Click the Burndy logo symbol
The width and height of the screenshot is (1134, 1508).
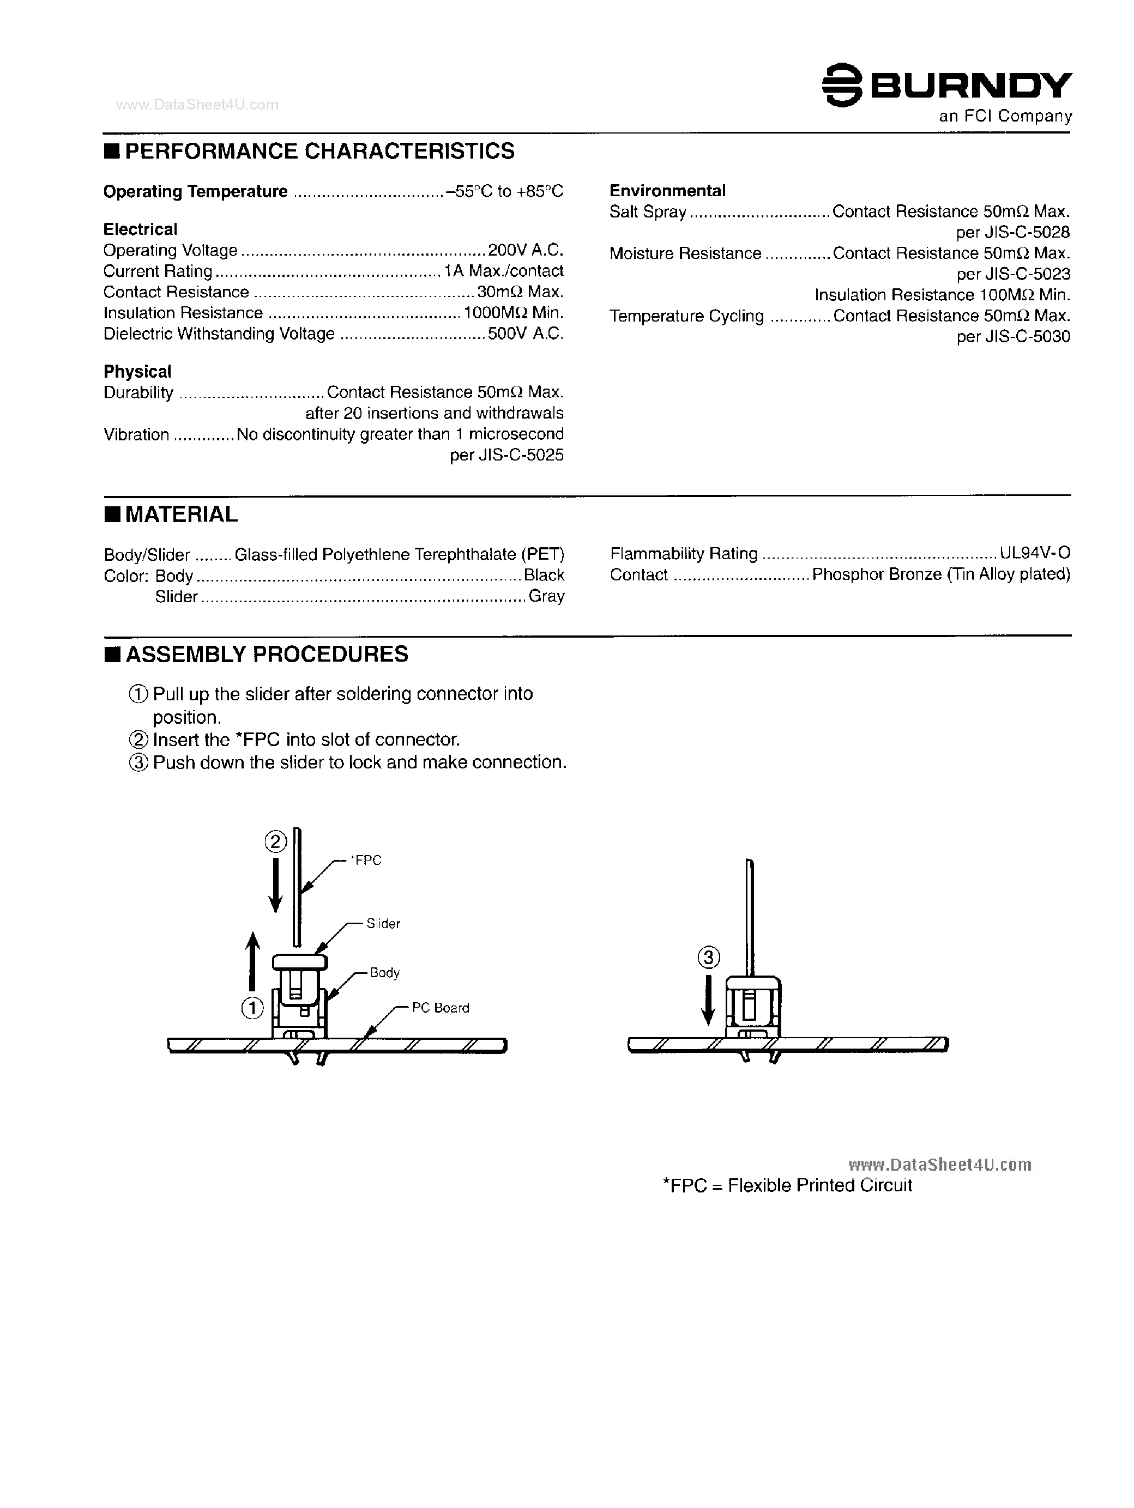coord(842,85)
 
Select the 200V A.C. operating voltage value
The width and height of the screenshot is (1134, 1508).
coord(525,250)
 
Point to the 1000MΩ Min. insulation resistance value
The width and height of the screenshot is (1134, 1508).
coord(513,313)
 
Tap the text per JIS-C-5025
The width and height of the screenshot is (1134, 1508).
coord(506,456)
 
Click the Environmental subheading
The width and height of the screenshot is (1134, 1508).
coord(667,191)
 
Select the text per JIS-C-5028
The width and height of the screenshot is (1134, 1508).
coord(1012,233)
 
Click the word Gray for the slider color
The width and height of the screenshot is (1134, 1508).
coord(546,597)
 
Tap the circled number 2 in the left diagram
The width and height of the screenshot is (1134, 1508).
coord(275,843)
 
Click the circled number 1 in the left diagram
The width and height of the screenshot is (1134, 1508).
coord(252,1008)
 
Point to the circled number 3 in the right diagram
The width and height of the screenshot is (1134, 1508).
coord(709,958)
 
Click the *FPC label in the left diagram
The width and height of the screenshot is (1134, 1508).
coord(366,861)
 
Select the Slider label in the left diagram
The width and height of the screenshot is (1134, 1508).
coord(383,924)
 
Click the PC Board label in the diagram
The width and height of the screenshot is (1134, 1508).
coord(440,1008)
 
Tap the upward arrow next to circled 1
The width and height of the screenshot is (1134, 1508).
coord(253,961)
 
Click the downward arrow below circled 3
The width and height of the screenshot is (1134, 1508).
coord(709,1000)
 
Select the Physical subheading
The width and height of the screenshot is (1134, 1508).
coord(137,372)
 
